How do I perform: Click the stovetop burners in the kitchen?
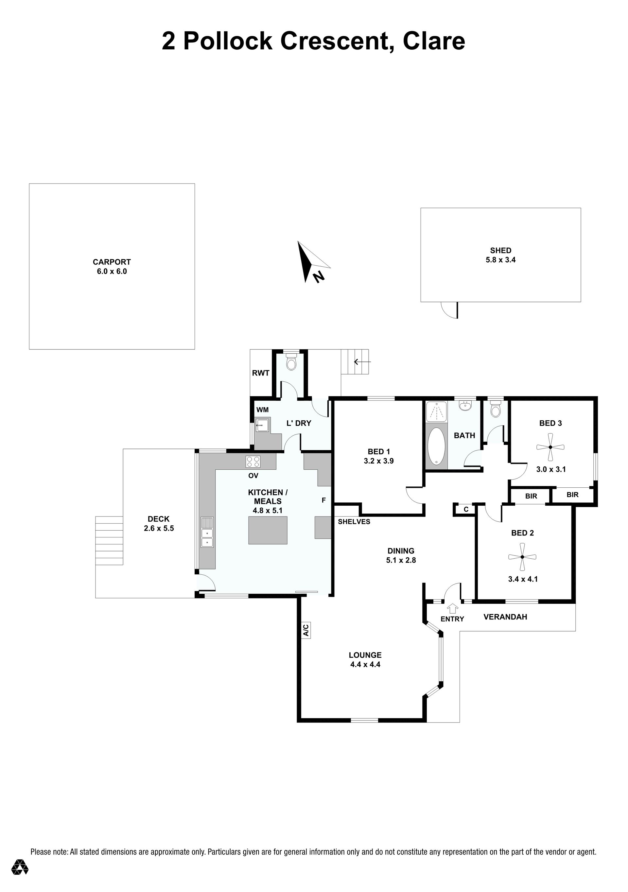253,462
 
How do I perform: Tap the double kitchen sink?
207,532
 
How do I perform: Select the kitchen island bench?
268,530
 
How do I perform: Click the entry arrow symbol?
452,609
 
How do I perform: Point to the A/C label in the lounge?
305,630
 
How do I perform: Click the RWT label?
261,373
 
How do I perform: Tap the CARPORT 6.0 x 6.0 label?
112,267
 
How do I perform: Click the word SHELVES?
354,521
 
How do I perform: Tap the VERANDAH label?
505,617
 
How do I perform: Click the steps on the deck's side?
109,540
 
